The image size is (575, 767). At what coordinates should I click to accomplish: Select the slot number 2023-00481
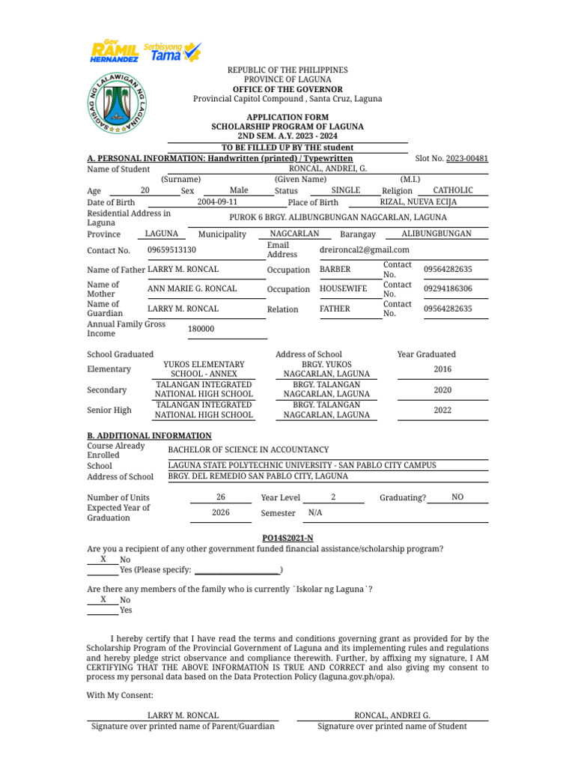point(467,159)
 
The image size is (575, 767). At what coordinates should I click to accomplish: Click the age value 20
point(145,191)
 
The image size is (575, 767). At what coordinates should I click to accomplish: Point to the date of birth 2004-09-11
point(217,202)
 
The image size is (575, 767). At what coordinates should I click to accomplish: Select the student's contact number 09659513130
point(172,250)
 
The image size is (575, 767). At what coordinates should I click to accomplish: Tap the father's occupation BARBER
point(335,270)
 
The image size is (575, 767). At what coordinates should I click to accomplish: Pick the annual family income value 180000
point(201,329)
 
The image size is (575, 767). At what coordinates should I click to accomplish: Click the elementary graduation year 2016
point(442,369)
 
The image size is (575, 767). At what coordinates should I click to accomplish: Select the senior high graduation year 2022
point(442,410)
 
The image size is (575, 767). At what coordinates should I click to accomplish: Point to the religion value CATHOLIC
point(453,191)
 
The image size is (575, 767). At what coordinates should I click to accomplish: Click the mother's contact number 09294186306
point(448,289)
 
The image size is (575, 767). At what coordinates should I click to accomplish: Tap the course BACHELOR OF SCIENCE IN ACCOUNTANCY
point(248,450)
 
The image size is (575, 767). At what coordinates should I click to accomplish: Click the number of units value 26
point(220,497)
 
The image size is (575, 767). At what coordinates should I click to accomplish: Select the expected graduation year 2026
point(220,513)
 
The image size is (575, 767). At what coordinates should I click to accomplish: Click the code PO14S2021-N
point(287,538)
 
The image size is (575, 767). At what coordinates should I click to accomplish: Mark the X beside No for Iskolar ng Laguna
point(103,599)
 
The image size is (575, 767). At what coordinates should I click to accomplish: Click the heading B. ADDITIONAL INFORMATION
point(149,436)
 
